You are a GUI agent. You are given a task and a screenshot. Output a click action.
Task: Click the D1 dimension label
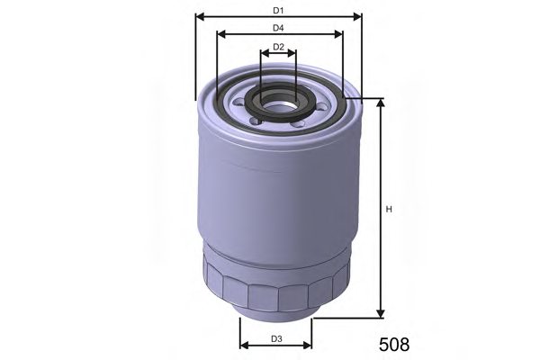278,10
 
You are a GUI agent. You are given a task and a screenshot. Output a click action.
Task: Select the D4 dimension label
279,29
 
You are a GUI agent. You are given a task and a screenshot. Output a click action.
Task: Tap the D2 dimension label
278,47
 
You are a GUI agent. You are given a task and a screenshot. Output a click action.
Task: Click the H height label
389,210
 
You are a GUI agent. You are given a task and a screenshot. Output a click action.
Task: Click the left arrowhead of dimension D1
200,16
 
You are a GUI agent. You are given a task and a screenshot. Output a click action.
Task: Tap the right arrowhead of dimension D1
357,16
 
